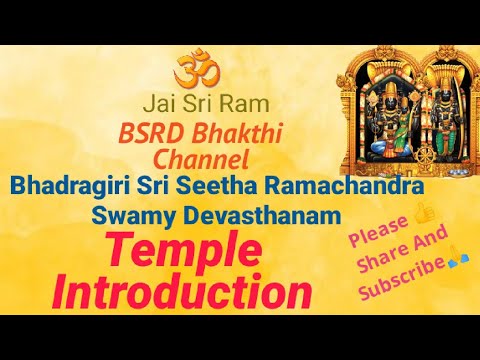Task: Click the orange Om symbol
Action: pyautogui.click(x=195, y=70)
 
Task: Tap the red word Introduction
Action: pyautogui.click(x=181, y=291)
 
